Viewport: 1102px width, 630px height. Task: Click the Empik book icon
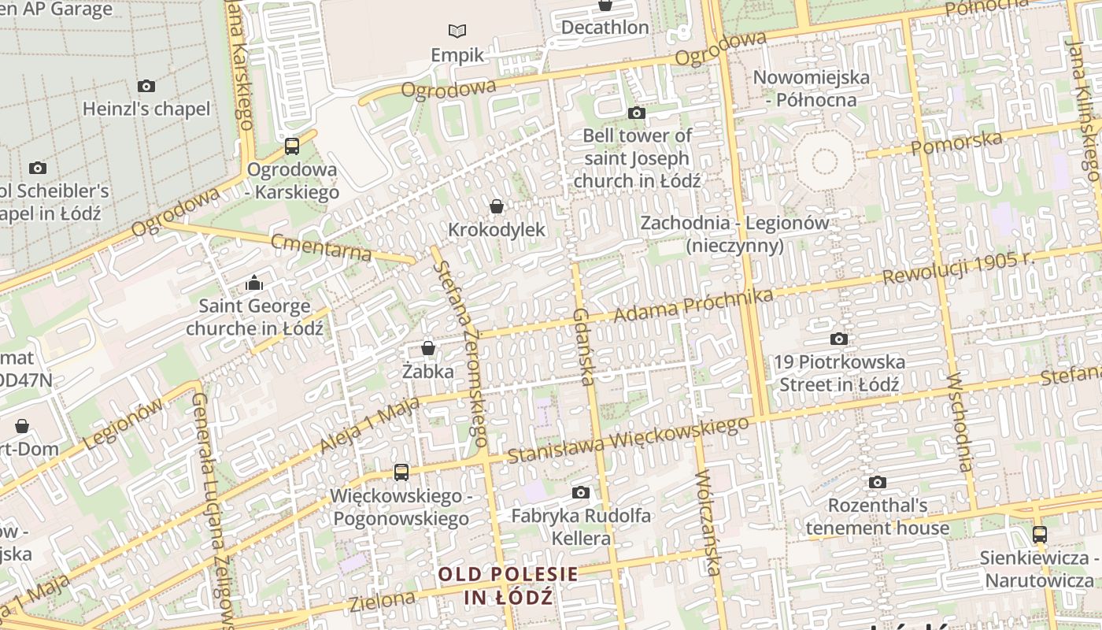pyautogui.click(x=457, y=31)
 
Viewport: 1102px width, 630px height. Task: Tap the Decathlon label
pyautogui.click(x=605, y=28)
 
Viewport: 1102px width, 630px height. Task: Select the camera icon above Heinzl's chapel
pyautogui.click(x=146, y=86)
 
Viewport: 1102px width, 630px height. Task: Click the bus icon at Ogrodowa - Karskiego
pyautogui.click(x=292, y=146)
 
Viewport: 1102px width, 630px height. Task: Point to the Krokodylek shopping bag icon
pyautogui.click(x=497, y=206)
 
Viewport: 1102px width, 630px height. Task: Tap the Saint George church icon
pyautogui.click(x=254, y=283)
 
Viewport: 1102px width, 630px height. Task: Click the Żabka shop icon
pyautogui.click(x=428, y=347)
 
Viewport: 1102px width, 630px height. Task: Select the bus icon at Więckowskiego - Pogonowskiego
pyautogui.click(x=401, y=472)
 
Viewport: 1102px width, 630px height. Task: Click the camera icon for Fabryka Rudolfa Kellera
pyautogui.click(x=581, y=493)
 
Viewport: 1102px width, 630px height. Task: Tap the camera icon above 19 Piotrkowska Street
pyautogui.click(x=839, y=339)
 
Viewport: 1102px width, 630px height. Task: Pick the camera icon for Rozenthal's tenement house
pyautogui.click(x=878, y=482)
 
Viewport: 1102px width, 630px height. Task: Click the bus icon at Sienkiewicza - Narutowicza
pyautogui.click(x=1040, y=535)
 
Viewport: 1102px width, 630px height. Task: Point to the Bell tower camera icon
pyautogui.click(x=637, y=113)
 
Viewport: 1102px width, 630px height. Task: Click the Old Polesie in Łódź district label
pyautogui.click(x=508, y=585)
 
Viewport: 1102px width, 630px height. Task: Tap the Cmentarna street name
pyautogui.click(x=320, y=247)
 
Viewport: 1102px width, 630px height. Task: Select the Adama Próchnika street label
pyautogui.click(x=693, y=306)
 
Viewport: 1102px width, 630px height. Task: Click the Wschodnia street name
pyautogui.click(x=962, y=422)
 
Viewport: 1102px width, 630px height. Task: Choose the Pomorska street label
pyautogui.click(x=957, y=143)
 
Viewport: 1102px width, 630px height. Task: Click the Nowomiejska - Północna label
pyautogui.click(x=812, y=88)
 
